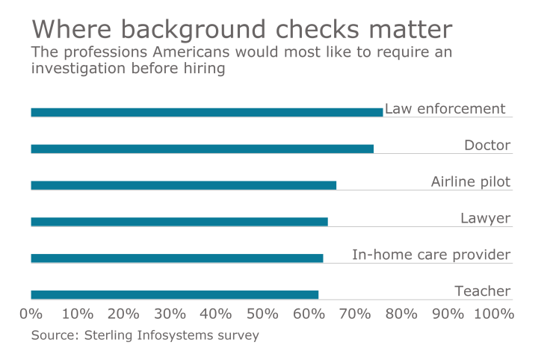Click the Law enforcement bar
pos(207,112)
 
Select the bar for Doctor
pos(203,149)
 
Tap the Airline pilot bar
pos(184,185)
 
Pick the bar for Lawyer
pos(179,222)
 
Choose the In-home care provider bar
pos(177,258)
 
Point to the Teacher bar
pos(175,295)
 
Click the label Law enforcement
pos(445,109)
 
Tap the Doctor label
pos(487,145)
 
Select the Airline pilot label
pos(471,181)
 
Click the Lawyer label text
pos(486,218)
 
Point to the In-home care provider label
pos(431,255)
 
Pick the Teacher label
pos(483,291)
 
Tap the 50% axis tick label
pos(262,314)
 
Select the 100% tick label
pos(494,314)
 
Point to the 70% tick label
pos(355,314)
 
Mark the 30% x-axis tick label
pos(170,314)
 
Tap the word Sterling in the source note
pos(106,335)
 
